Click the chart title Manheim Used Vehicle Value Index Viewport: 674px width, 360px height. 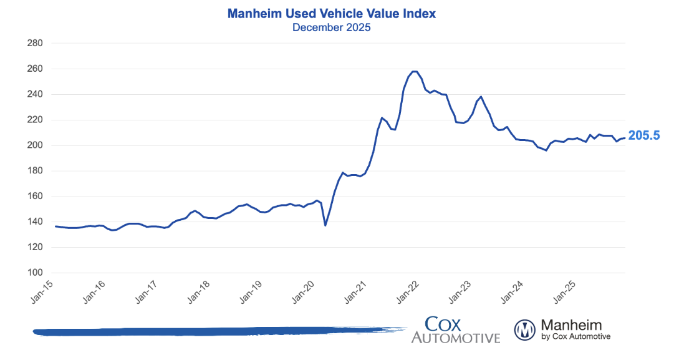point(331,13)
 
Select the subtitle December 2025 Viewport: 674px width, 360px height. point(331,27)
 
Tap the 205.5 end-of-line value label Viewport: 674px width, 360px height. point(643,135)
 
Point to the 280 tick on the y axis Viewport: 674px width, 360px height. point(35,43)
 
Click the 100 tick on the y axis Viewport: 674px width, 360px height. point(35,273)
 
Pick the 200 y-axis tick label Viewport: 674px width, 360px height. point(35,145)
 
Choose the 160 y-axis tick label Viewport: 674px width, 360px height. point(35,197)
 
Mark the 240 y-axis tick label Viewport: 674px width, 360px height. point(35,94)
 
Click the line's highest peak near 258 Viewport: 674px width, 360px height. point(415,71)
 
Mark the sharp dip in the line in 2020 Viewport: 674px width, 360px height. point(325,225)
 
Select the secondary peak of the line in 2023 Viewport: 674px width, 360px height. point(481,97)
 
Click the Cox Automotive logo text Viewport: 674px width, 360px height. point(455,329)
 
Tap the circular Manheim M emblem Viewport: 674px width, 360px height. point(525,329)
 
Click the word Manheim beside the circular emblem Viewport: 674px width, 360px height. point(571,324)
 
